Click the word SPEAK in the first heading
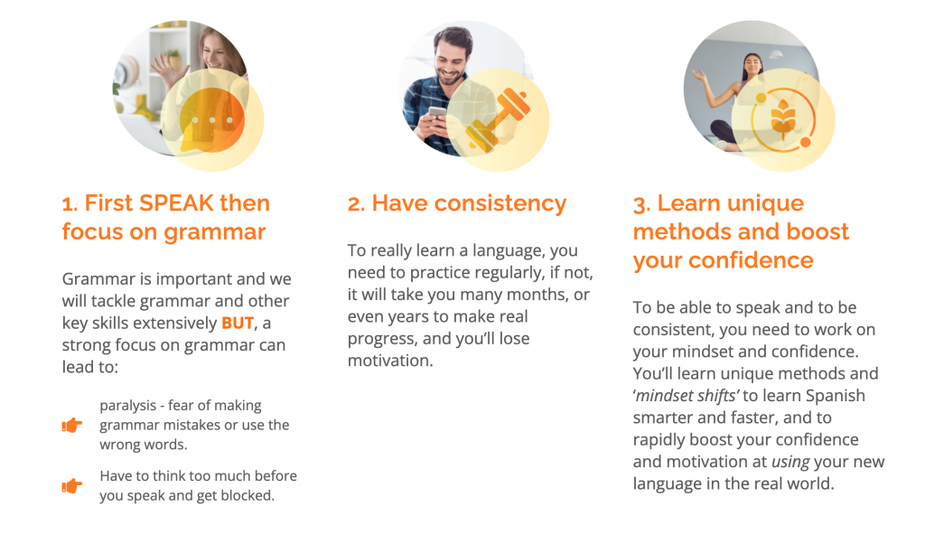click(x=176, y=203)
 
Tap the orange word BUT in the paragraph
click(x=238, y=323)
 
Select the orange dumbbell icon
click(x=498, y=120)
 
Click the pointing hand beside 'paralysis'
click(x=72, y=425)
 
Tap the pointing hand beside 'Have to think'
click(x=72, y=485)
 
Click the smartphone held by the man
click(x=437, y=113)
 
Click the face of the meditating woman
click(x=752, y=64)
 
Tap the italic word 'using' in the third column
click(x=790, y=462)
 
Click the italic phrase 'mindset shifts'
click(x=687, y=396)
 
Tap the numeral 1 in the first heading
click(x=67, y=204)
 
